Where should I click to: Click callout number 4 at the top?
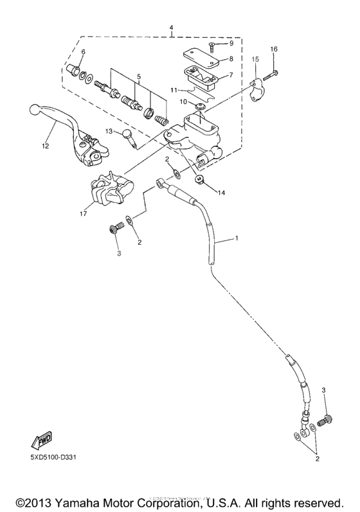(171, 28)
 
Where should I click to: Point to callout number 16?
(274, 49)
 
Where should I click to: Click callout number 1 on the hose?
(237, 239)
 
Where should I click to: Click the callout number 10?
(183, 102)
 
